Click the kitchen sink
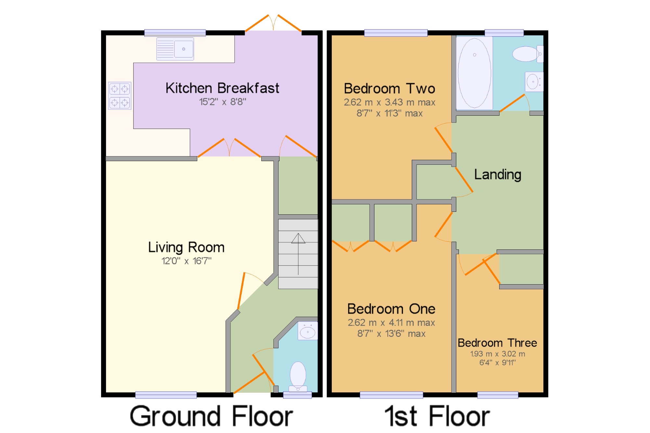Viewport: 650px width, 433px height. [175, 49]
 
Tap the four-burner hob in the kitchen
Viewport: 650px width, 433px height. [120, 96]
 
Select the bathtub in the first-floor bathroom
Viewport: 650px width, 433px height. [474, 73]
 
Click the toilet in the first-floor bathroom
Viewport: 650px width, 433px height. [527, 54]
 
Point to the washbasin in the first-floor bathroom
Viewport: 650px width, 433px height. [534, 82]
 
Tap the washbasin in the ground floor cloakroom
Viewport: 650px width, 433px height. [307, 331]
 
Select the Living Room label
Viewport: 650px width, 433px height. [186, 248]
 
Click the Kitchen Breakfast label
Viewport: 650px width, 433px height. [222, 88]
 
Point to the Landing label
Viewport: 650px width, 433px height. [498, 174]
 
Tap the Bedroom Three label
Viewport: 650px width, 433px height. [497, 343]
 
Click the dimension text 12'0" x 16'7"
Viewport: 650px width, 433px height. [187, 261]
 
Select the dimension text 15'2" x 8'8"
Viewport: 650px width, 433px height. [223, 102]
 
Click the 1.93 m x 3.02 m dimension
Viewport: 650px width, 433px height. [498, 354]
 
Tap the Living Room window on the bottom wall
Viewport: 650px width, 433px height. [166, 395]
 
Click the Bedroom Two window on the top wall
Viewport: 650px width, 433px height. [396, 33]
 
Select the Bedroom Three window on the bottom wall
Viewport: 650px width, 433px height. [498, 395]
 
